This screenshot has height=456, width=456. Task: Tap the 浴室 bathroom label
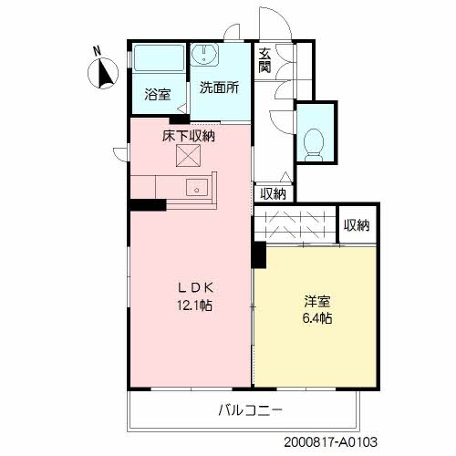[x=157, y=93]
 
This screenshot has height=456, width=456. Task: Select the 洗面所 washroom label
[x=219, y=88]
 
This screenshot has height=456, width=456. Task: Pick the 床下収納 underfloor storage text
[x=189, y=136]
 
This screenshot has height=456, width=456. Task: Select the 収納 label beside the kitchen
[x=273, y=193]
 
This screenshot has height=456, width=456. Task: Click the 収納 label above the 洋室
[x=358, y=225]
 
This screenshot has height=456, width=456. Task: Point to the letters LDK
[x=194, y=285]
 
